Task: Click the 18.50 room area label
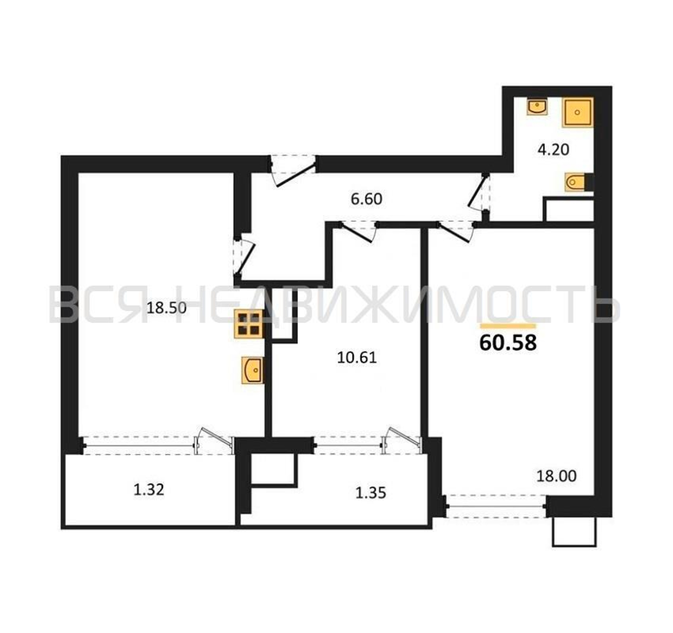pos(166,308)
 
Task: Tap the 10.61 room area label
pos(357,358)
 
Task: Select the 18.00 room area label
pos(556,476)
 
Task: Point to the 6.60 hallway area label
pos(366,199)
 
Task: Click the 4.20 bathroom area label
pos(554,149)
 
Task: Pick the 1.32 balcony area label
pos(149,490)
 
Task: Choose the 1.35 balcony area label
pos(371,493)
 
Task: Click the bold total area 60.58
pos(508,342)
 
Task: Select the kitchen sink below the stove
pos(252,370)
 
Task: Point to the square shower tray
pos(578,112)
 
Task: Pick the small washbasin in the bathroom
pos(537,107)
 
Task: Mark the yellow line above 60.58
pos(508,326)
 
